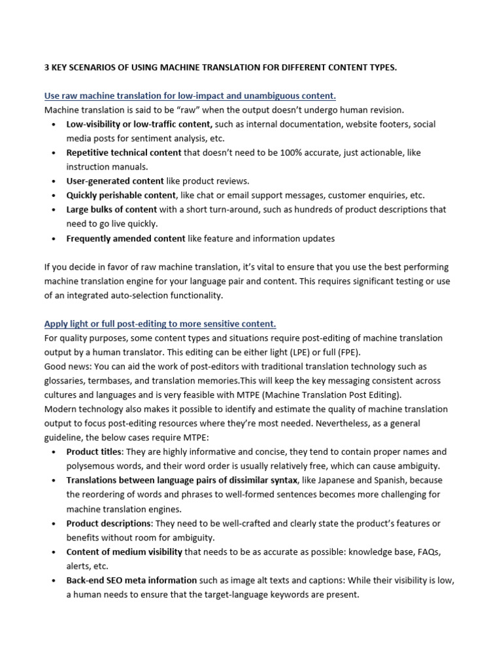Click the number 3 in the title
click(47, 67)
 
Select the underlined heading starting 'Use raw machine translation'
click(190, 96)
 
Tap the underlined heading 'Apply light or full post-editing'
click(160, 324)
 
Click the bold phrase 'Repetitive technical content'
click(124, 152)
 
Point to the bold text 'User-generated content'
click(114, 181)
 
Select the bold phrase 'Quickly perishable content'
click(121, 196)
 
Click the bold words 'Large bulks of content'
click(112, 210)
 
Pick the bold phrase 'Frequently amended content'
click(125, 239)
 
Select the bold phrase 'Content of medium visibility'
click(124, 552)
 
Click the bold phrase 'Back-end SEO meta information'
click(131, 581)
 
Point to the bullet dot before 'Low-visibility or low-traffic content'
click(52, 124)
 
